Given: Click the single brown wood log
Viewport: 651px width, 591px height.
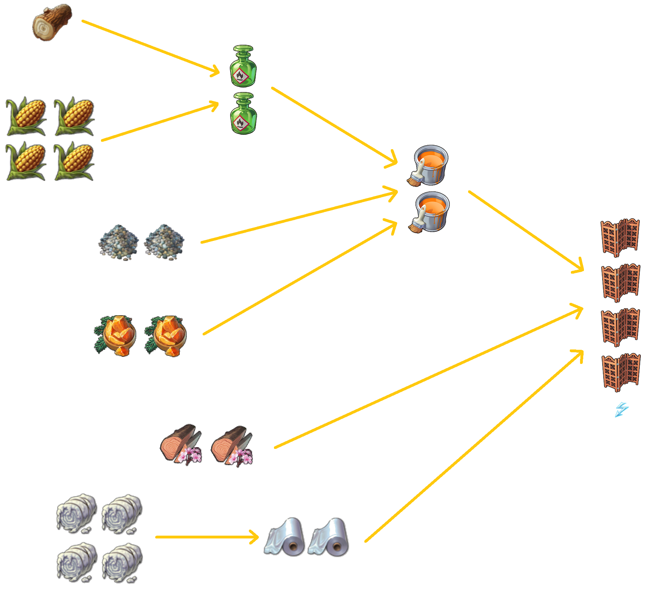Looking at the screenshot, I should [52, 22].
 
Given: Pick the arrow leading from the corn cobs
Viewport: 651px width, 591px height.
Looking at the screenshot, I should [159, 122].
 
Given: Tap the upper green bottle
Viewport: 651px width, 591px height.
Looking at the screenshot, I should [243, 66].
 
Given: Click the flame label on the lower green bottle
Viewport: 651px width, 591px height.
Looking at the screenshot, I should [240, 122].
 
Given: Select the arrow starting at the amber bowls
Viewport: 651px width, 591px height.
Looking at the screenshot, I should [300, 278].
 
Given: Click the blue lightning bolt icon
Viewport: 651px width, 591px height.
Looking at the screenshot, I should [621, 410].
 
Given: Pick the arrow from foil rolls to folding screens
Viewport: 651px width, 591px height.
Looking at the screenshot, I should [473, 446].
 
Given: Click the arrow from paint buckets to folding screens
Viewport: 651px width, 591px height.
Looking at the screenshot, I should [526, 231].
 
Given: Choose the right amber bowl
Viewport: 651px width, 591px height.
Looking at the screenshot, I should [166, 336].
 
